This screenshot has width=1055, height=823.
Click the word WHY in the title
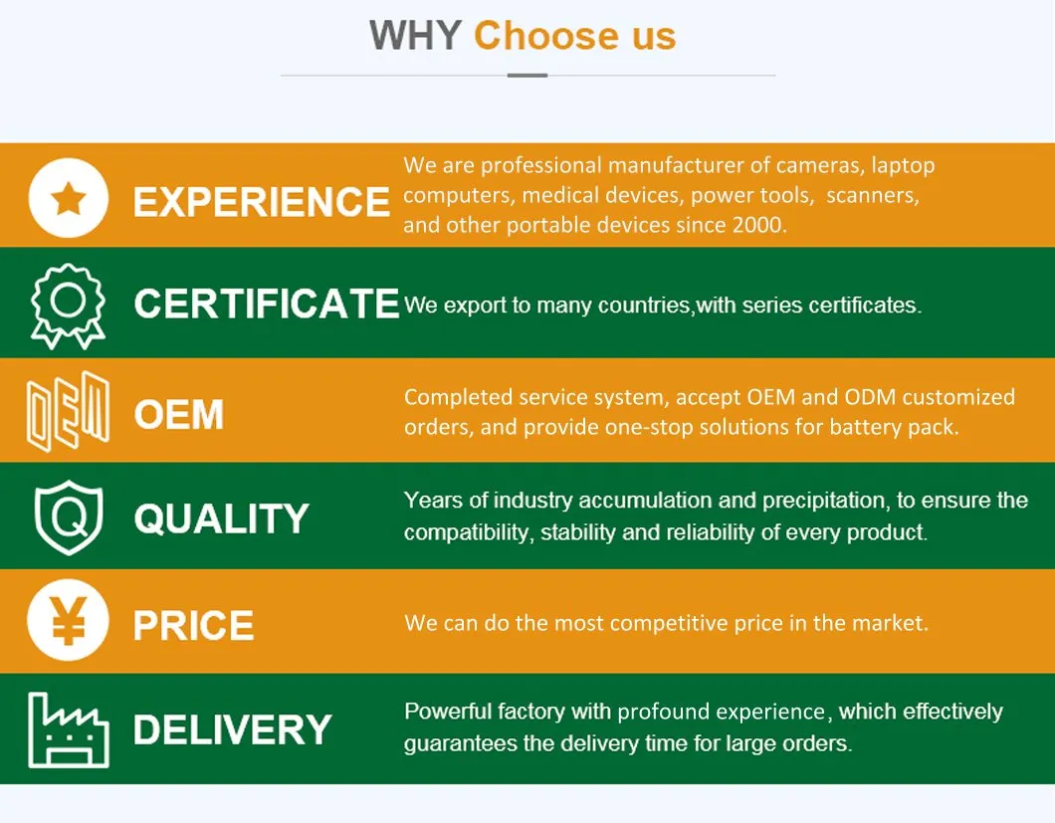coord(414,36)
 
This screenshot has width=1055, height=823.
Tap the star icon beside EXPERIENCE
coord(69,198)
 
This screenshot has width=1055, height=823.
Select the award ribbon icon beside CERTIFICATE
coord(68,307)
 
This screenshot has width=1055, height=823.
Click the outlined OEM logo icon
coord(68,410)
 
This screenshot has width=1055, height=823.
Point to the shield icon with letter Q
coord(69,517)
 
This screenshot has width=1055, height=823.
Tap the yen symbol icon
coord(68,620)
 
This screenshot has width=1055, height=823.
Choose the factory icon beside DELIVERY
coord(69,730)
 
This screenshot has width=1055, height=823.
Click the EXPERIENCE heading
coord(261,201)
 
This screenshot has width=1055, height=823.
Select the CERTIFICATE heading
coord(267,304)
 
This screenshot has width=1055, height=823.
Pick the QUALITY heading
coord(221,518)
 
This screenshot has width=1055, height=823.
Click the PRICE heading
coord(194,625)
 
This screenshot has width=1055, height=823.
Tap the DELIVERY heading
coord(232,729)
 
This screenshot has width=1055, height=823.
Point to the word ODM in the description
coord(869,397)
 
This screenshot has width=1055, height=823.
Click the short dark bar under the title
coord(527,76)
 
